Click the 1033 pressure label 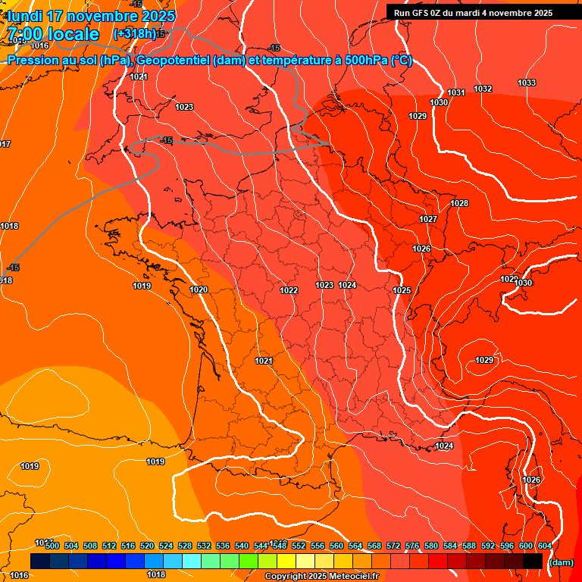(527, 83)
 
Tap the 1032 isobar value (483, 89)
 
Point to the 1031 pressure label (455, 92)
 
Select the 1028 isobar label (459, 203)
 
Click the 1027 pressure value (428, 219)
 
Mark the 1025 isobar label (402, 290)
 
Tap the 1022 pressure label (289, 290)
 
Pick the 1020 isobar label (199, 289)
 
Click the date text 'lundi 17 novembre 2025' (91, 16)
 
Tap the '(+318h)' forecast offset (134, 33)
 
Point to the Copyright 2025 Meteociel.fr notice (321, 576)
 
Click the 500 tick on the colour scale (52, 546)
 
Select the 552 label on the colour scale (299, 546)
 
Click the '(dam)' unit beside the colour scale (561, 562)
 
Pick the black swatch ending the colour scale (533, 561)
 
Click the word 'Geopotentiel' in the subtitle (174, 61)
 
